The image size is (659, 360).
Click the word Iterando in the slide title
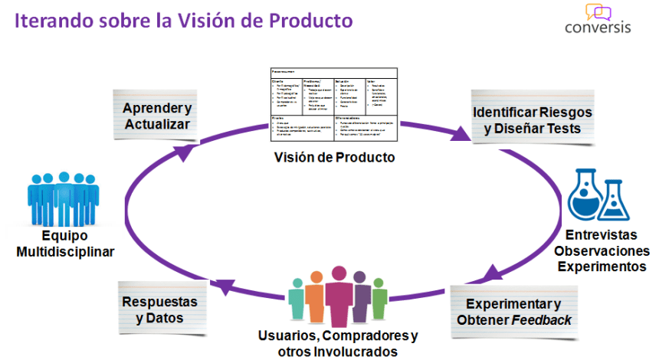coord(53,21)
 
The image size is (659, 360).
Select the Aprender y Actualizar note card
coord(157,114)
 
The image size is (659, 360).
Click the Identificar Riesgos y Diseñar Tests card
coord(532,119)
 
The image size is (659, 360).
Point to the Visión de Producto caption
coord(334,158)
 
